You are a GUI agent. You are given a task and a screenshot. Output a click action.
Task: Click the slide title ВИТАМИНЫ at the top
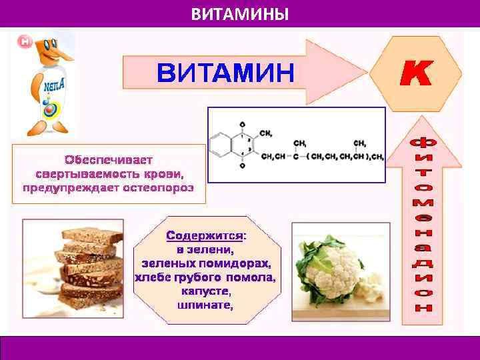[240, 14]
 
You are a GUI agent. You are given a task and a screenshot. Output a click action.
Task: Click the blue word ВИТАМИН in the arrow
[225, 72]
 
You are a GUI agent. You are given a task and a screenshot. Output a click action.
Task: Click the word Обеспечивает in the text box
[109, 160]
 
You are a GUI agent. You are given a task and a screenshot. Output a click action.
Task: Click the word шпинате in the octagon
[205, 305]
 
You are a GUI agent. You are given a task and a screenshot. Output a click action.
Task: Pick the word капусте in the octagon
[205, 291]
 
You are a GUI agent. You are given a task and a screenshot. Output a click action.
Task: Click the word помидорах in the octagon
[235, 263]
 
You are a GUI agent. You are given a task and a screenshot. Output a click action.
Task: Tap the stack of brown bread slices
[90, 263]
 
